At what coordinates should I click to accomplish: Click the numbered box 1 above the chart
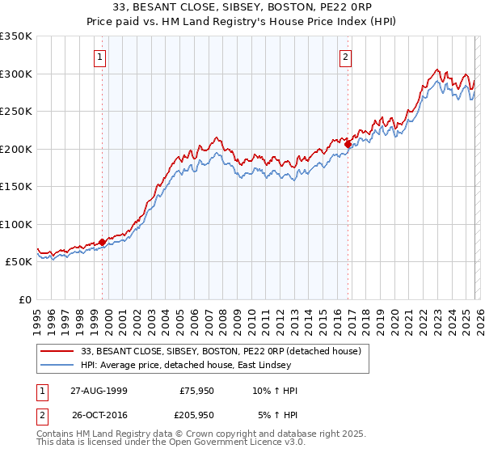(x=99, y=57)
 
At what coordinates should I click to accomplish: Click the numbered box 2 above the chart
(x=345, y=57)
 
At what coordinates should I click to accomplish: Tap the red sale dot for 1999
(x=103, y=242)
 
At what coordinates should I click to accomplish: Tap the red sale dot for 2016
(x=348, y=144)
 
